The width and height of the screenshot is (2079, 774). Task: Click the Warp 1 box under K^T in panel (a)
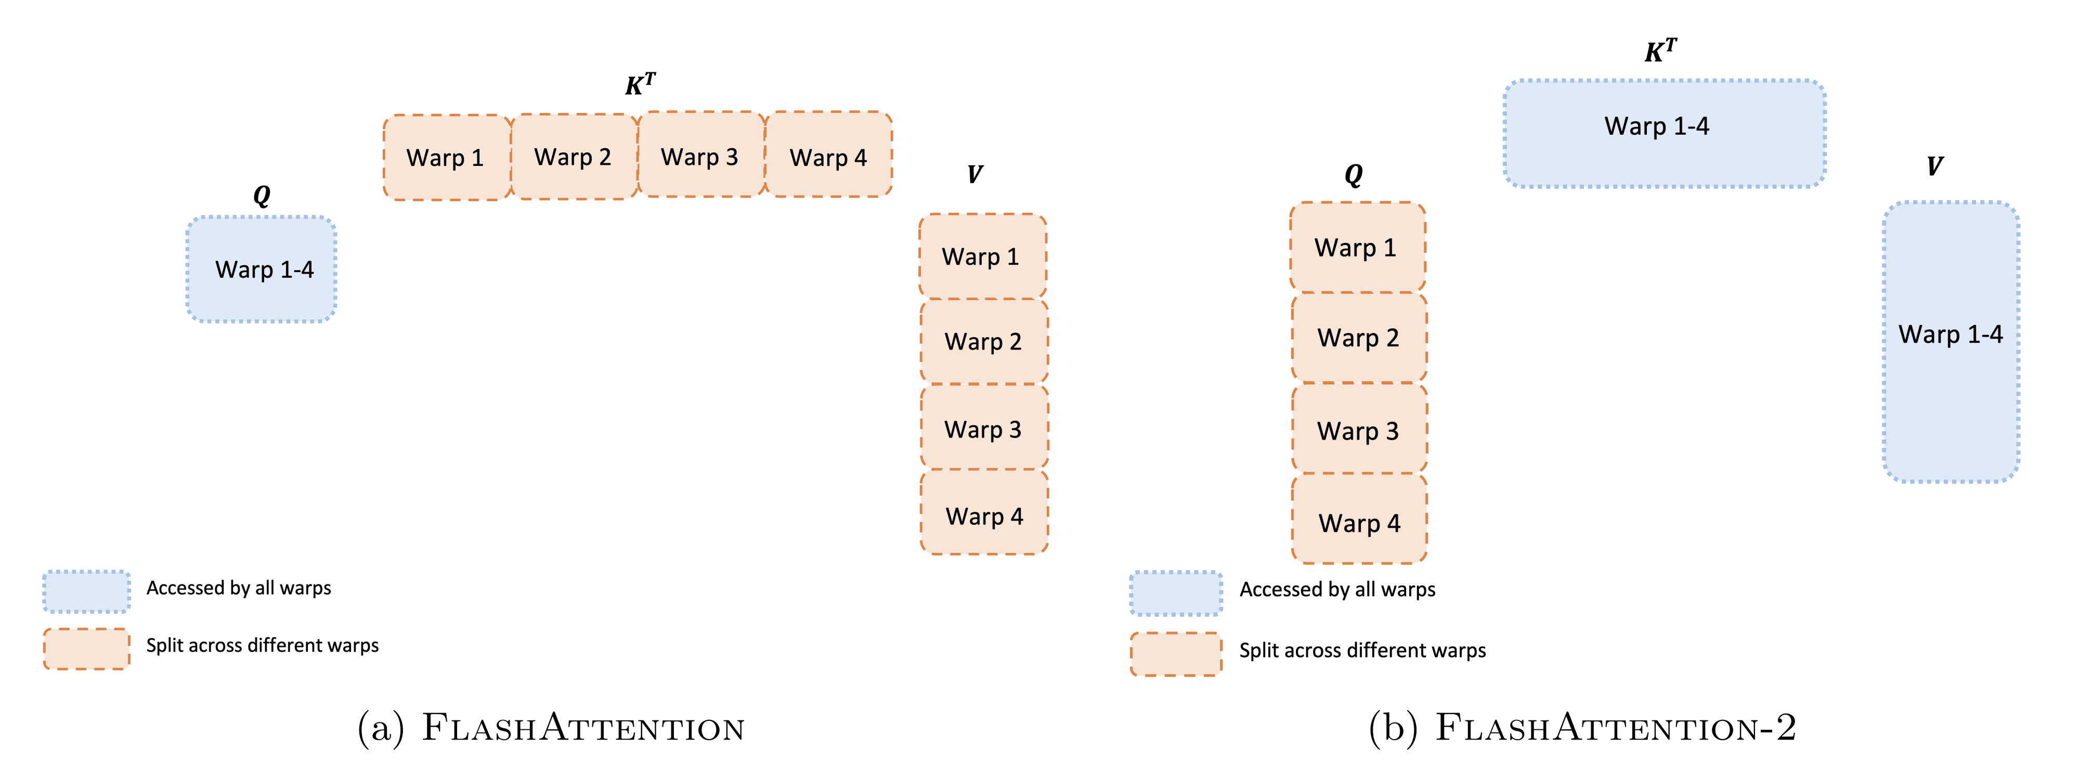pyautogui.click(x=446, y=158)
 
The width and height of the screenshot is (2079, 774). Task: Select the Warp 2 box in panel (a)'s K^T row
pyautogui.click(x=574, y=157)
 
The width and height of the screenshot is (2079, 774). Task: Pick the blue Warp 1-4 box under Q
pyautogui.click(x=262, y=269)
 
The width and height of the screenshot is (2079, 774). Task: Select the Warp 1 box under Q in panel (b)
pyautogui.click(x=1357, y=247)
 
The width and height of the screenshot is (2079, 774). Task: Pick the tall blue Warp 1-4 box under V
pyautogui.click(x=1951, y=341)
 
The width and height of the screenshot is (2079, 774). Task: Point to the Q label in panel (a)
pyautogui.click(x=262, y=195)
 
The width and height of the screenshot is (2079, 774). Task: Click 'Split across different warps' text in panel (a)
pyautogui.click(x=262, y=646)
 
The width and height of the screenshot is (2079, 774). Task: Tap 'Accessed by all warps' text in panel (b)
pyautogui.click(x=1337, y=590)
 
